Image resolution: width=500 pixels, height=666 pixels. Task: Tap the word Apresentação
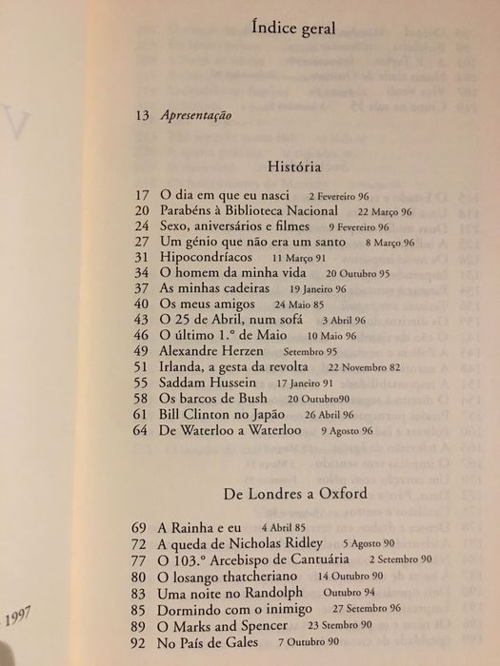coord(197,116)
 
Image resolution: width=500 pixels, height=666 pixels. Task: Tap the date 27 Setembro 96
coord(387,609)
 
